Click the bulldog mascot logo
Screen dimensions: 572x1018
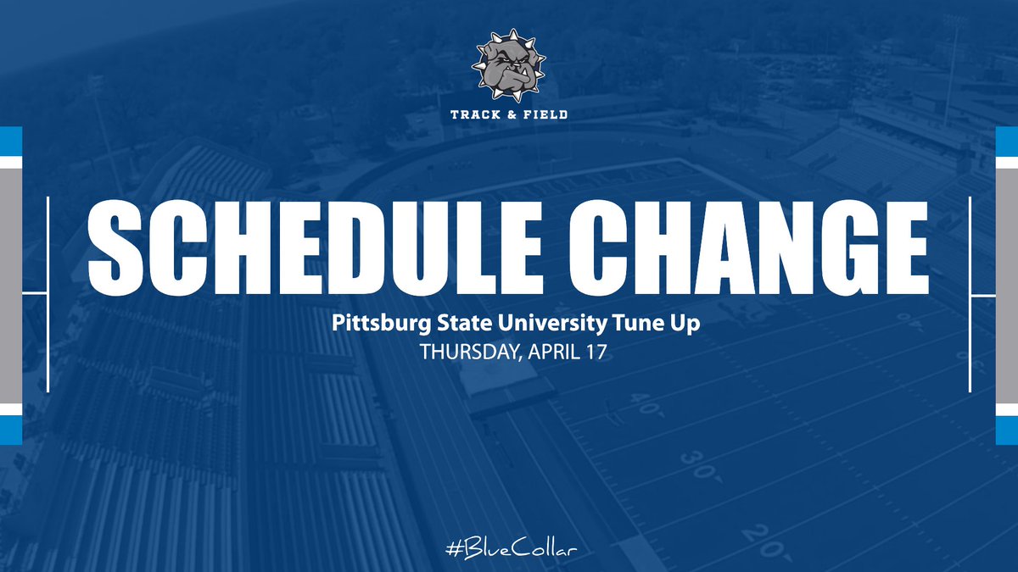(x=509, y=67)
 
